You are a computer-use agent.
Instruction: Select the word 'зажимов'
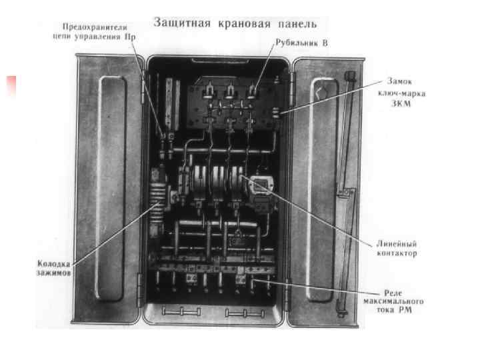click(x=52, y=274)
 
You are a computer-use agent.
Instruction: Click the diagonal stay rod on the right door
click(x=344, y=187)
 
